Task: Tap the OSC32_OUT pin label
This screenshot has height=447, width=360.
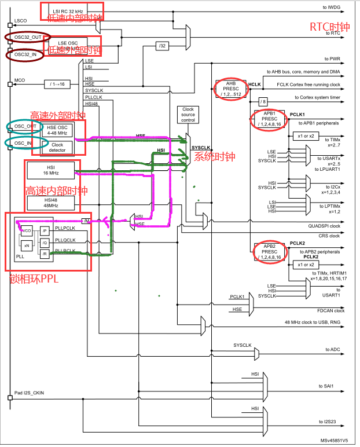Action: pyautogui.click(x=27, y=37)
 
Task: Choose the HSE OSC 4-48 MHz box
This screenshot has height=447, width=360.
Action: pyautogui.click(x=57, y=130)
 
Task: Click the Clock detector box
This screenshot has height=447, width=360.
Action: pyautogui.click(x=57, y=148)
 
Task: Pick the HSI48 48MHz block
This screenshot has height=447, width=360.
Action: pyautogui.click(x=50, y=203)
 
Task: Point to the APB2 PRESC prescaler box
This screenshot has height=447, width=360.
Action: pyautogui.click(x=270, y=252)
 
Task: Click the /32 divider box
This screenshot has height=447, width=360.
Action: pyautogui.click(x=161, y=46)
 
